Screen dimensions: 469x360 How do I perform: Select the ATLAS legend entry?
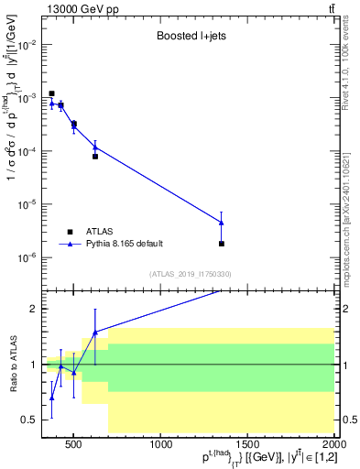pos(102,231)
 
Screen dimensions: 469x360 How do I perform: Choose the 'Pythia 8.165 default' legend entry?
pos(124,244)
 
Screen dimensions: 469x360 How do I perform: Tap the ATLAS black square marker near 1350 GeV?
pos(222,244)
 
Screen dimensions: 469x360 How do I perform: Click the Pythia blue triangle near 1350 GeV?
pos(222,223)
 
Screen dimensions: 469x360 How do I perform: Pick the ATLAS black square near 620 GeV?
pos(95,156)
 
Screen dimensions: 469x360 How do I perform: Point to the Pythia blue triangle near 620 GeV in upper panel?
pos(95,147)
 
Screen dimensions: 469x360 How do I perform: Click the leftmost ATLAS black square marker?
pos(52,93)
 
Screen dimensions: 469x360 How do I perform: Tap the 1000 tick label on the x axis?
pos(161,446)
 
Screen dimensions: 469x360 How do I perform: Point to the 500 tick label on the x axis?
pos(76,446)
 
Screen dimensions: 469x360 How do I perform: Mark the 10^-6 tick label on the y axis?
pos(28,257)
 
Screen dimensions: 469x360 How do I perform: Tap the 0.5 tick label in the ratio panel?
pos(32,420)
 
